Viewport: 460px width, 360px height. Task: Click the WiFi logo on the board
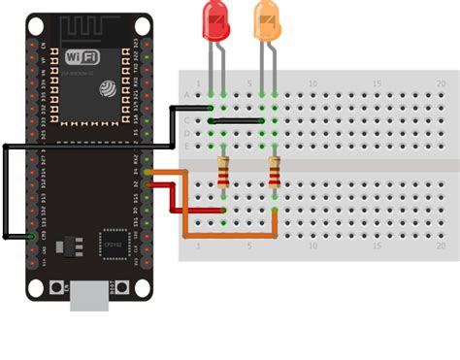(82, 56)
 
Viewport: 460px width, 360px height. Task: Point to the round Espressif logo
(106, 88)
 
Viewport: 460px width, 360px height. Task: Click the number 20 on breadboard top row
(441, 84)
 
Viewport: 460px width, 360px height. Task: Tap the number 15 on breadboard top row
(377, 84)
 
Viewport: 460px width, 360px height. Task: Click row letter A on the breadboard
(187, 95)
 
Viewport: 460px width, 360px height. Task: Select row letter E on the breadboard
(187, 146)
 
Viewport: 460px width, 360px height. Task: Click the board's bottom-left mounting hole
(37, 288)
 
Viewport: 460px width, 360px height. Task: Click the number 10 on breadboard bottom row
(312, 246)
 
